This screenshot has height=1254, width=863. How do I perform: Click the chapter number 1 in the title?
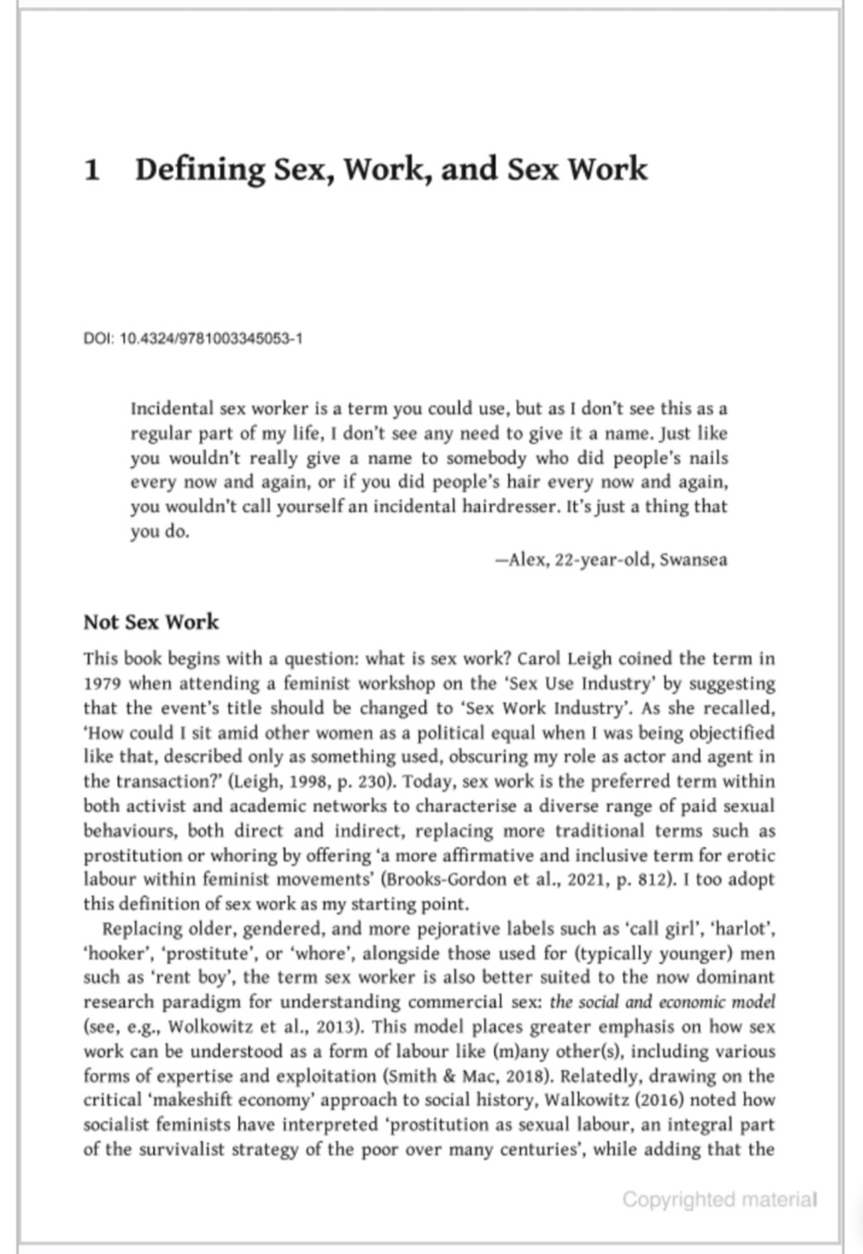click(x=93, y=170)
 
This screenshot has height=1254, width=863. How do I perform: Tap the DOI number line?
click(x=193, y=339)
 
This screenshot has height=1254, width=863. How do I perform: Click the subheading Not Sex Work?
click(x=151, y=622)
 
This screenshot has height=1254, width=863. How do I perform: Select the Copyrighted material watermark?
click(x=719, y=1199)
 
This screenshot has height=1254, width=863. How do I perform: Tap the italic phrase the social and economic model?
click(x=662, y=1002)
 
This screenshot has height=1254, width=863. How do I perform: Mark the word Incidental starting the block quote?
click(x=171, y=409)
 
